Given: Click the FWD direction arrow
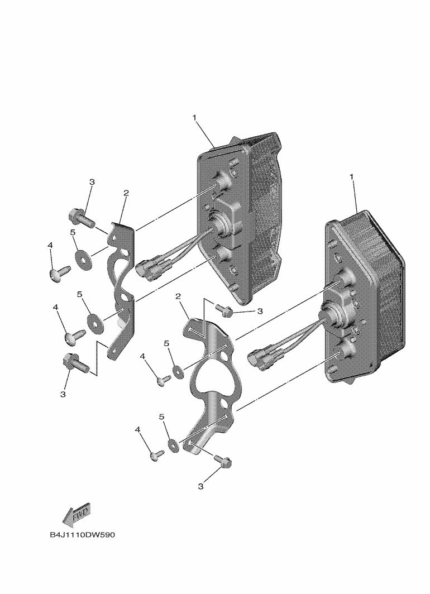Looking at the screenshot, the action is [75, 515].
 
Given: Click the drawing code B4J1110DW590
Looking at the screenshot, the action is [82, 535].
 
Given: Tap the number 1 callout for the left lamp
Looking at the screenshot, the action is [195, 118].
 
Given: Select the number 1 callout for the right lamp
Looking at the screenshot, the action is [352, 176].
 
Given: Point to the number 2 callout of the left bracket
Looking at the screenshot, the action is [126, 193].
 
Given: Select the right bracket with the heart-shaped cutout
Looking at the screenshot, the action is [215, 380].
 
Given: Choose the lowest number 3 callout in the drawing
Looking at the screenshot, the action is [200, 486].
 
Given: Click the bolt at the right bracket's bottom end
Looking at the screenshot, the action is [223, 461].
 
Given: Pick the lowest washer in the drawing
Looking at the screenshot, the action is [174, 445].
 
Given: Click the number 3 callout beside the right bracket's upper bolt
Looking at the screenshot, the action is [259, 311].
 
